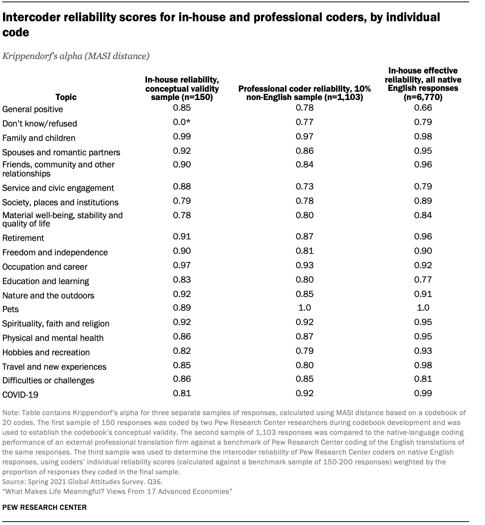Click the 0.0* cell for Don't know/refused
[182, 122]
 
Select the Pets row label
[11, 309]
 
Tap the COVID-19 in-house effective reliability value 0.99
[423, 394]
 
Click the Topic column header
[66, 97]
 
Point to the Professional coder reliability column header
[304, 93]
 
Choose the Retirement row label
[23, 238]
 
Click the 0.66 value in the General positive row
[423, 108]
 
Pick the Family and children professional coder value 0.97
[305, 137]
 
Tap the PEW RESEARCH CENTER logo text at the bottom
[44, 507]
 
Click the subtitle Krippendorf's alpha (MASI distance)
[76, 56]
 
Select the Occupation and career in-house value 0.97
[182, 266]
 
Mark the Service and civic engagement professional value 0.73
[305, 187]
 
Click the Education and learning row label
[46, 281]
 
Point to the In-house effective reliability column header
[423, 84]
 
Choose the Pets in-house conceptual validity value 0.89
[182, 308]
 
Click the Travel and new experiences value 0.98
[423, 366]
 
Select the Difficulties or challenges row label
[48, 380]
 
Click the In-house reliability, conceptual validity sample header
[182, 88]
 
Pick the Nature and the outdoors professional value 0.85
[305, 294]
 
